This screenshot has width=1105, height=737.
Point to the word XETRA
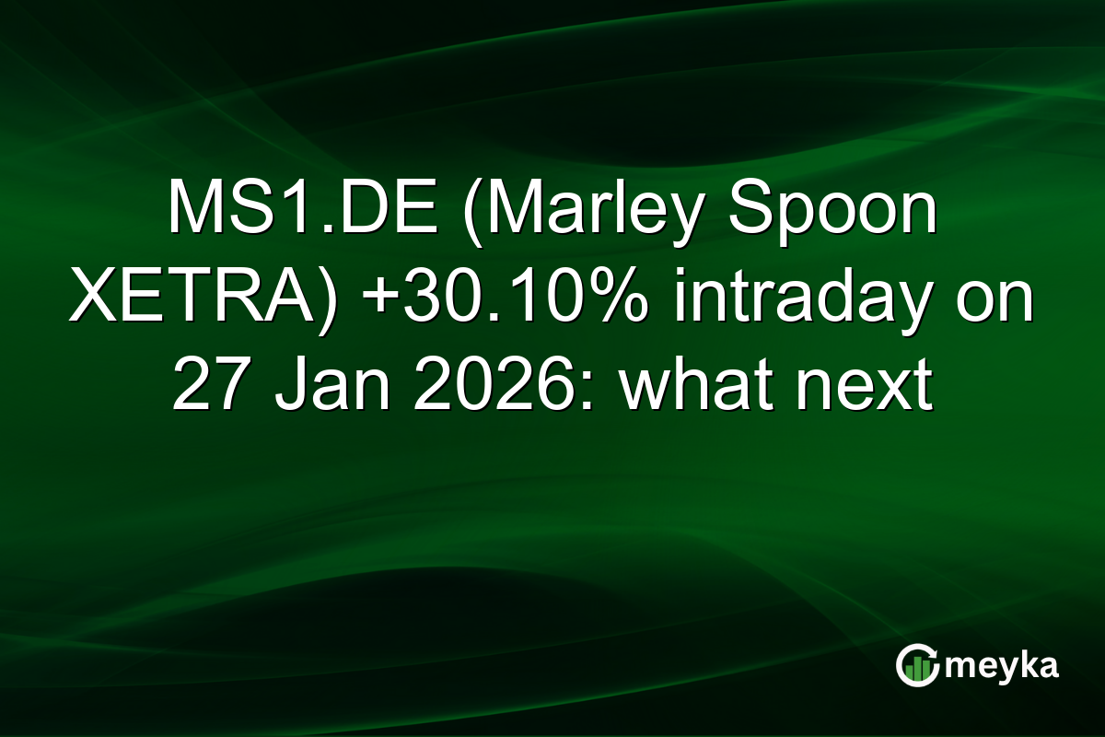click(x=188, y=298)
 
